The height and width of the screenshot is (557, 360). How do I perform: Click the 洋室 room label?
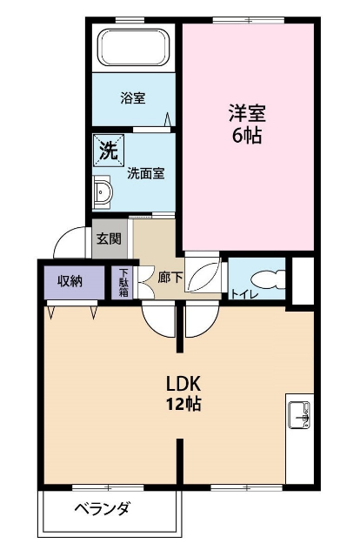[247, 113]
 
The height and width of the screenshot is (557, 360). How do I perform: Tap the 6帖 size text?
[247, 136]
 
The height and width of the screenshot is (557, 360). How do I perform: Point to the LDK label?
[184, 383]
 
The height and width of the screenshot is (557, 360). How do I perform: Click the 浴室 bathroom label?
[132, 98]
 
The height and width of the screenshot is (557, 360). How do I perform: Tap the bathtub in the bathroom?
[133, 48]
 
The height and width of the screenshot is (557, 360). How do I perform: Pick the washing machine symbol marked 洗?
[107, 150]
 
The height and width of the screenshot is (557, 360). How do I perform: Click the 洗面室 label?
[145, 172]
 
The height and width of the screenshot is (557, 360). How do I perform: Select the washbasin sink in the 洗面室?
[102, 191]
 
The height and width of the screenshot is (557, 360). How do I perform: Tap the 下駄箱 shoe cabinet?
[123, 280]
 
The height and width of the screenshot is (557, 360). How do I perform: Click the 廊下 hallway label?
[170, 278]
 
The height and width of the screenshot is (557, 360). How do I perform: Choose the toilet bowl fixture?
[270, 279]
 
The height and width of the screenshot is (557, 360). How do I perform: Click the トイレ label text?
[243, 294]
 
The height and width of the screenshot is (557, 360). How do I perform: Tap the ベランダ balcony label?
[102, 509]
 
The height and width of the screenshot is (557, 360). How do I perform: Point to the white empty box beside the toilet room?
[303, 279]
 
